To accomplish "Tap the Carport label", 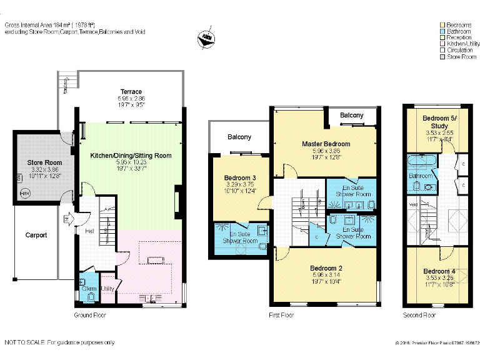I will click(36, 236).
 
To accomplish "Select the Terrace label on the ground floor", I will click(131, 92).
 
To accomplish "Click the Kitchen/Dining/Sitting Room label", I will click(131, 156).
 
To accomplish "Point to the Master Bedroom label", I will click(326, 144).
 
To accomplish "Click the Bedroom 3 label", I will click(240, 178).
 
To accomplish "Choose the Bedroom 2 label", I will click(326, 268).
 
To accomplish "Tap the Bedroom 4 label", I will click(439, 271).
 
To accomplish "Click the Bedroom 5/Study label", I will click(439, 122).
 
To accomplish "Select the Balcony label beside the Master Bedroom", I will click(352, 116).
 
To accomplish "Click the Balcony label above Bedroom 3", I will click(239, 137).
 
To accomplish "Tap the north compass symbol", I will click(204, 39).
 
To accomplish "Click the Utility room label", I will click(107, 288).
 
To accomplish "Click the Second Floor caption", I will click(419, 314).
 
